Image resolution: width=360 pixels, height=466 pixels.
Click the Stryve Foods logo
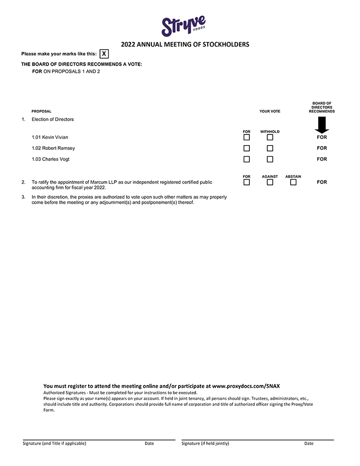(x=183, y=25)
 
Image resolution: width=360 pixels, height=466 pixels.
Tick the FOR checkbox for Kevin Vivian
(x=246, y=137)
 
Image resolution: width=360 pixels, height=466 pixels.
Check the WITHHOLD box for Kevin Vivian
(x=270, y=137)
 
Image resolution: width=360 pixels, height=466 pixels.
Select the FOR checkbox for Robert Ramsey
(x=246, y=148)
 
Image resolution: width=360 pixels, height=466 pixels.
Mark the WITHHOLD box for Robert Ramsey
(x=270, y=148)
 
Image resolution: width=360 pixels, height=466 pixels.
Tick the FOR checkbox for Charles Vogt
(x=246, y=159)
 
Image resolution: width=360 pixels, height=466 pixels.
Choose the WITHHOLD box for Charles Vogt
(x=270, y=159)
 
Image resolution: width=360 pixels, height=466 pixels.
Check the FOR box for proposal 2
(x=246, y=183)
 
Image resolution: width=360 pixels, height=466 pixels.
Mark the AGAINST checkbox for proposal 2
(x=270, y=183)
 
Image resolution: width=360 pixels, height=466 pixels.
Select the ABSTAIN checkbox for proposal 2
(x=293, y=183)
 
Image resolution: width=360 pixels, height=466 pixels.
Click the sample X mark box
(x=104, y=54)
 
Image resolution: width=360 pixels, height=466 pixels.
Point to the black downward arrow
(x=322, y=125)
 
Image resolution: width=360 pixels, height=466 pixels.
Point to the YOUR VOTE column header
(x=270, y=111)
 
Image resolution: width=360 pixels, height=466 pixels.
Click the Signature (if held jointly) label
(x=205, y=443)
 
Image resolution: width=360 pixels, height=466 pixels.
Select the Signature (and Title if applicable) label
(x=54, y=443)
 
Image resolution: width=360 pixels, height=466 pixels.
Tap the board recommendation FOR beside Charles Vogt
(x=322, y=159)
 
